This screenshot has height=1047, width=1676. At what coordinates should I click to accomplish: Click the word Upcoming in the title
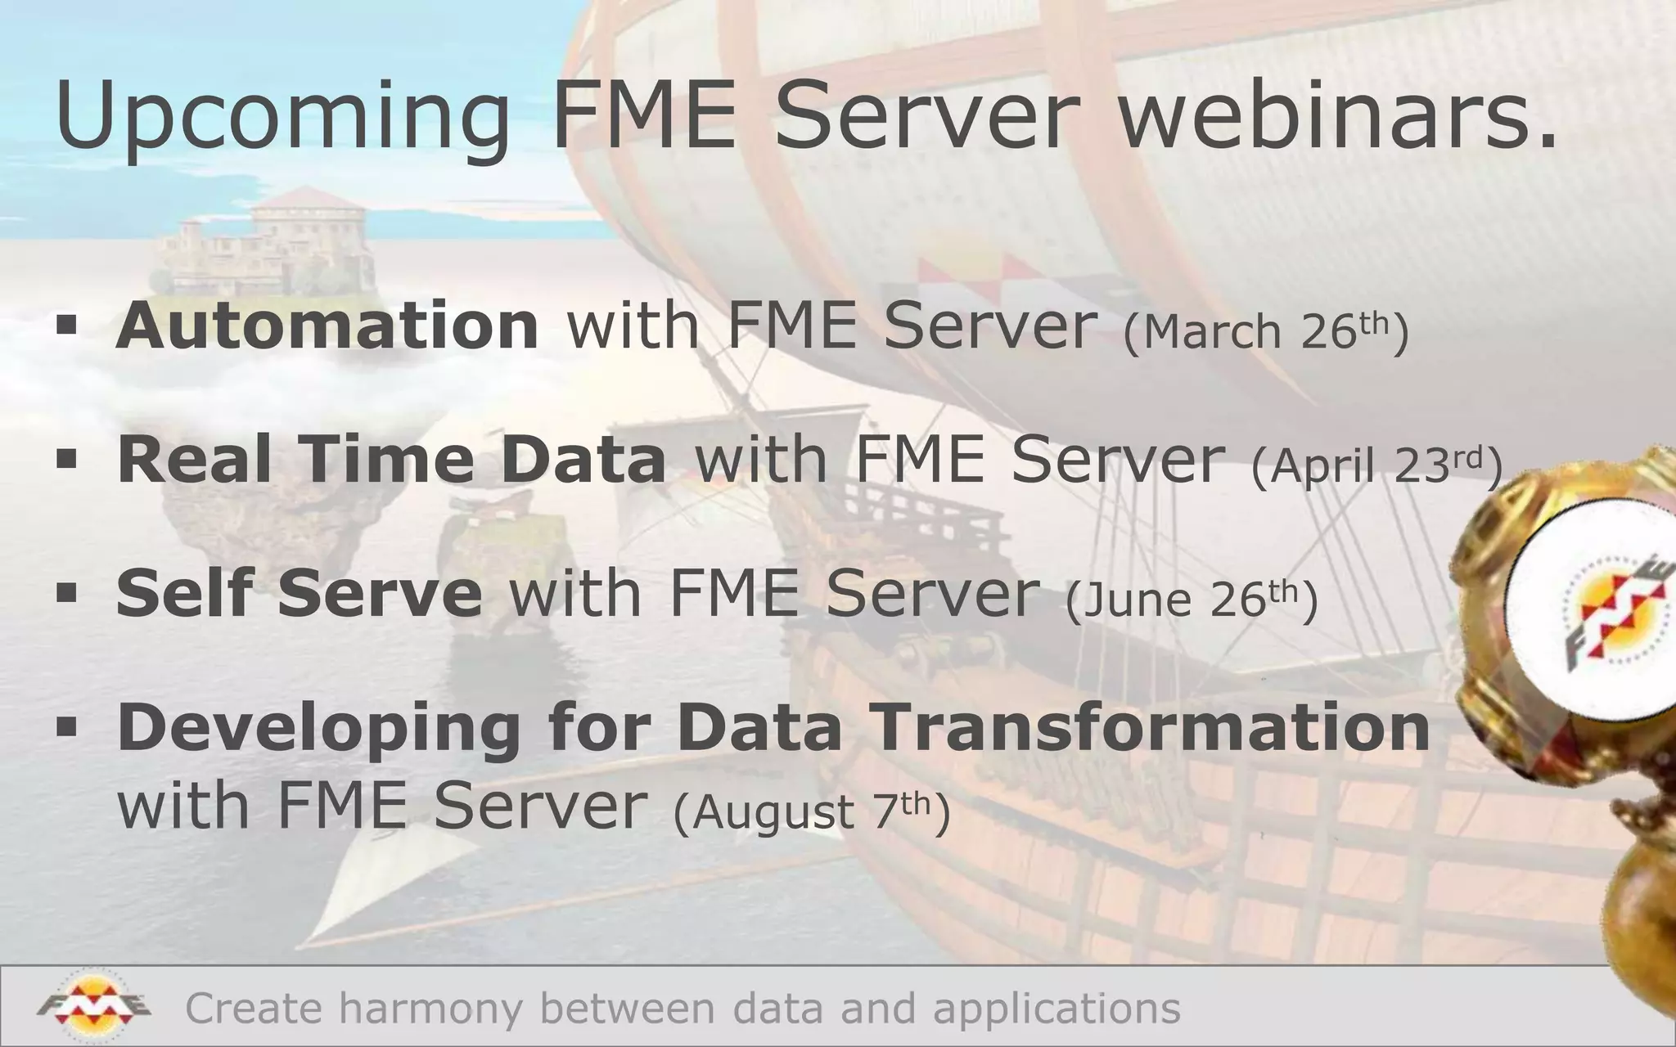pos(282,119)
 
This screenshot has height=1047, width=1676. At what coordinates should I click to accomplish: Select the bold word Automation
pos(327,326)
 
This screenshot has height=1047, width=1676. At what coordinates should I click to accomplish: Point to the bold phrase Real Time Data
pos(391,460)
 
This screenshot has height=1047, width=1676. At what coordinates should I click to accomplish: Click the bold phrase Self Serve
pos(299,593)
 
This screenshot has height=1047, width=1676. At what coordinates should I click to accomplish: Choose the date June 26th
pos(1192,599)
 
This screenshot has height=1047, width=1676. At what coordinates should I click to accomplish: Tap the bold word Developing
pos(319,728)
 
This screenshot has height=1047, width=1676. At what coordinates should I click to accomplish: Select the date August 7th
pos(811,811)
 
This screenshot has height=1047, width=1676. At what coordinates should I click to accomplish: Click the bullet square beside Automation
pos(66,326)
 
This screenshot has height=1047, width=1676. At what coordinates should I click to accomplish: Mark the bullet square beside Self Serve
pos(66,592)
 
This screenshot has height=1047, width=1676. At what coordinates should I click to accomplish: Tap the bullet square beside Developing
pos(66,726)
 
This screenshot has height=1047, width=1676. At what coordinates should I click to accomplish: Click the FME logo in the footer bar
pos(93,1005)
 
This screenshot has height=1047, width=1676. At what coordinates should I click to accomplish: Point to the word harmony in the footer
pos(430,1008)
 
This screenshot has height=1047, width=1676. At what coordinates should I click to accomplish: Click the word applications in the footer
pos(1057,1008)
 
